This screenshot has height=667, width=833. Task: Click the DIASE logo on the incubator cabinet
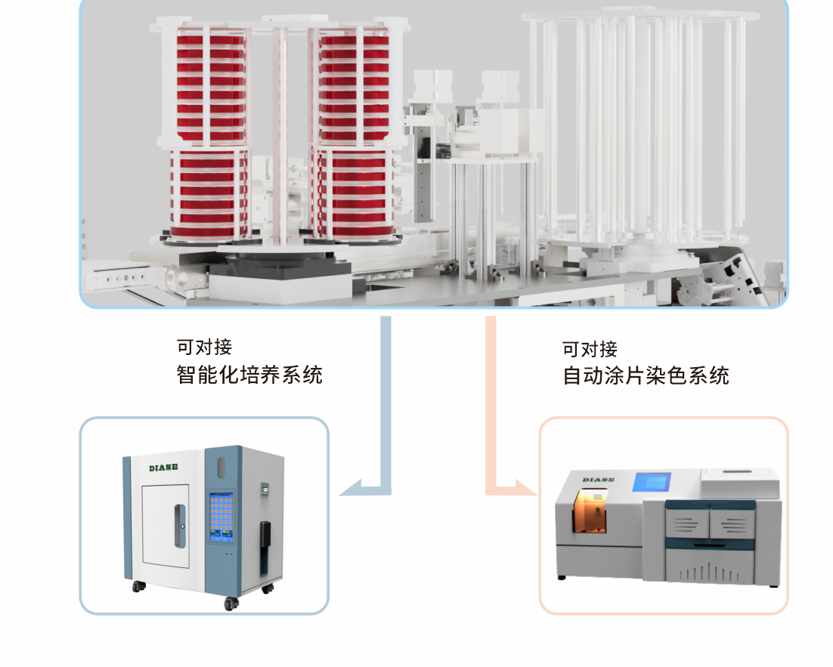click(163, 468)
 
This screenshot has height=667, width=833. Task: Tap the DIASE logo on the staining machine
click(598, 479)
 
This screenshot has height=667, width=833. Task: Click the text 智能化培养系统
click(249, 375)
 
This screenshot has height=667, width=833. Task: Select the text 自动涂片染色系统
click(646, 375)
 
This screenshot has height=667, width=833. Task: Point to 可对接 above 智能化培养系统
click(204, 347)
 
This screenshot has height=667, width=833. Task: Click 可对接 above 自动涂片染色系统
click(590, 349)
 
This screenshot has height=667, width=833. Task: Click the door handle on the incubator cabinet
click(178, 526)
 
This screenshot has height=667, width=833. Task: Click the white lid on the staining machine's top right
click(741, 483)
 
